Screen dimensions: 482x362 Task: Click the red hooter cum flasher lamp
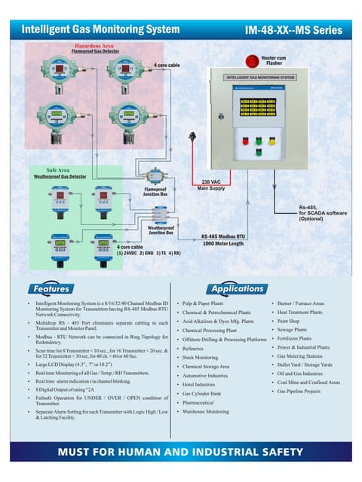click(252, 61)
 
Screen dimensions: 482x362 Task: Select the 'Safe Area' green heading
click(58, 170)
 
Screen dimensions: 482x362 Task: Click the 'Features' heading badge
click(50, 288)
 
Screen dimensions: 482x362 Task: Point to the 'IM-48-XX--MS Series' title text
click(293, 30)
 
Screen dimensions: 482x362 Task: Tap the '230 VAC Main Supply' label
click(216, 185)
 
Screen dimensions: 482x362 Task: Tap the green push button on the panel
click(258, 139)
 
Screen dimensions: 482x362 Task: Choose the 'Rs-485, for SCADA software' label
click(323, 212)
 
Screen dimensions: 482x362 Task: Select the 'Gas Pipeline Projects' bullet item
click(299, 392)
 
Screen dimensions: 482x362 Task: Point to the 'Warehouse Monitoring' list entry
click(206, 412)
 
